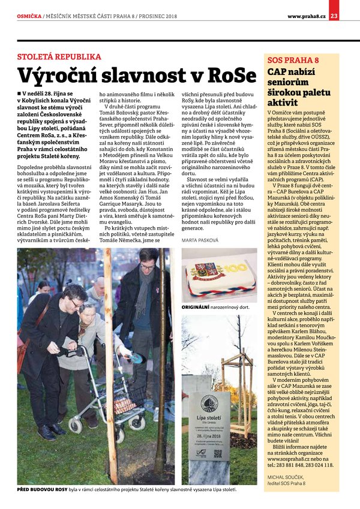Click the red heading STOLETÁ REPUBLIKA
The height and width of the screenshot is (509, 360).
58,58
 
